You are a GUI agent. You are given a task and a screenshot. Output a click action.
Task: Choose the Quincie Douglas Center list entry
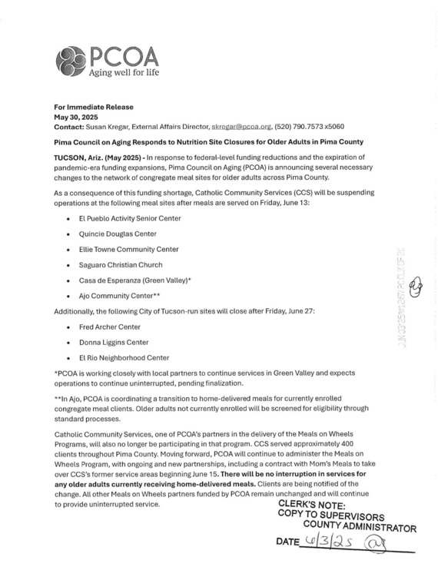point(117,234)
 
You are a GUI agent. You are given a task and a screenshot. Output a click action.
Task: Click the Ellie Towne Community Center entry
point(128,249)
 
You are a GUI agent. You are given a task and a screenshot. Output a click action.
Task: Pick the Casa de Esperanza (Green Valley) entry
point(134,280)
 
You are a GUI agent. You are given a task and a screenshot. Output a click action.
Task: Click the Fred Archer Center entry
point(108,327)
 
